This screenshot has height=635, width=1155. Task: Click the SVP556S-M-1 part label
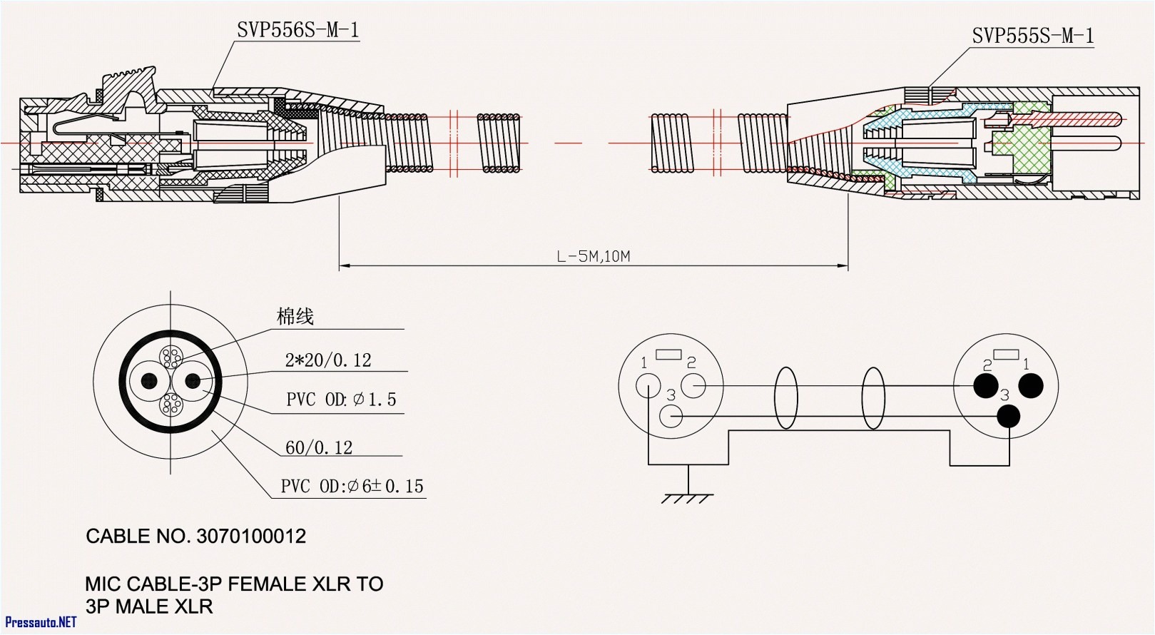pyautogui.click(x=297, y=30)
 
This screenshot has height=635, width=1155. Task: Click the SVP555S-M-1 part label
pyautogui.click(x=1032, y=36)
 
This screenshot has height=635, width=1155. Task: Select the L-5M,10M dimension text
pyautogui.click(x=593, y=256)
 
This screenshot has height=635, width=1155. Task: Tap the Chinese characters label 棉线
pyautogui.click(x=295, y=316)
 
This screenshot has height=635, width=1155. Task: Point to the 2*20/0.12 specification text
pyautogui.click(x=328, y=360)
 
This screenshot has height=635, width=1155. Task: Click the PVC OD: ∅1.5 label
pyautogui.click(x=341, y=400)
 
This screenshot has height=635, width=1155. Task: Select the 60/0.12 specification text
pyautogui.click(x=319, y=447)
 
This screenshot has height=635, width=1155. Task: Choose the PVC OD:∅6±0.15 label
pyautogui.click(x=352, y=487)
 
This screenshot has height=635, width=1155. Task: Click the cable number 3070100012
pyautogui.click(x=250, y=537)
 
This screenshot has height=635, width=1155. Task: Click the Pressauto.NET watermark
pyautogui.click(x=40, y=622)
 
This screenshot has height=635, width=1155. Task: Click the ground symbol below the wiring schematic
pyautogui.click(x=687, y=497)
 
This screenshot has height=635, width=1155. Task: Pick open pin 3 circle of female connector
pyautogui.click(x=671, y=416)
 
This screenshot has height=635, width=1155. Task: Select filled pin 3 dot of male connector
pyautogui.click(x=1008, y=416)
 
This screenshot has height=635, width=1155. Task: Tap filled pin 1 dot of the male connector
pyautogui.click(x=1031, y=386)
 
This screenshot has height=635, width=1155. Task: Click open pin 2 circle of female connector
pyautogui.click(x=693, y=386)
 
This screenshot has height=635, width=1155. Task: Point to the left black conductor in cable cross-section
pyautogui.click(x=150, y=381)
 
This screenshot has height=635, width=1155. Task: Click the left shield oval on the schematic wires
pyautogui.click(x=785, y=398)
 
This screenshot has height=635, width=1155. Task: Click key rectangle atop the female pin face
pyautogui.click(x=668, y=354)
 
